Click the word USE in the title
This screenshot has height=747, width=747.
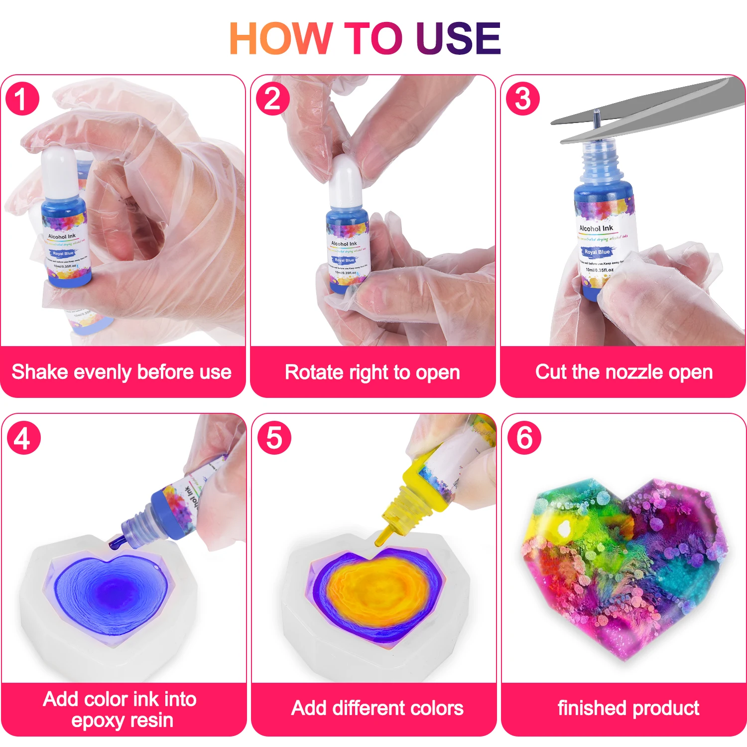click(x=459, y=38)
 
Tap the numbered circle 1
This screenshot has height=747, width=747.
click(x=22, y=99)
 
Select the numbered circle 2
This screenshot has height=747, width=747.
click(x=272, y=99)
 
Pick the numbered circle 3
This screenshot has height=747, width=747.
click(x=522, y=99)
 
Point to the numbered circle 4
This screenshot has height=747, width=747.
click(x=23, y=438)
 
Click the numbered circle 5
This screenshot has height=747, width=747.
click(x=274, y=438)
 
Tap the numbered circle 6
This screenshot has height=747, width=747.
click(x=524, y=438)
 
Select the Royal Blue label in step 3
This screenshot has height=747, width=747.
click(x=597, y=252)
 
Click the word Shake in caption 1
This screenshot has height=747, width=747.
click(x=36, y=372)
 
